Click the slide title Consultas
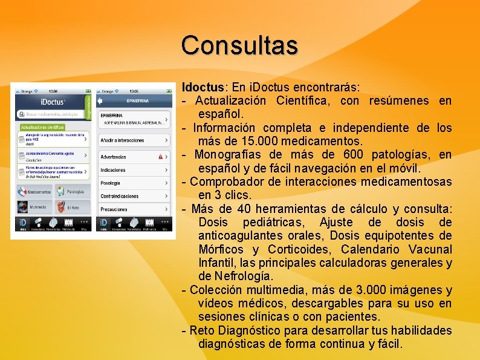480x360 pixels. click(x=239, y=45)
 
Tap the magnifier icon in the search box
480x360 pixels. click(x=21, y=114)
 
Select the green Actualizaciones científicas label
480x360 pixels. click(x=42, y=128)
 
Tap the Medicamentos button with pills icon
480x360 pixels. click(x=34, y=192)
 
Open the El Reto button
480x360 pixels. click(x=71, y=207)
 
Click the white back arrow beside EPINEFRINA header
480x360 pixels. click(x=100, y=100)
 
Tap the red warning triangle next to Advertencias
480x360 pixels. click(x=160, y=156)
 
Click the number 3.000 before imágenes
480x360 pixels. click(x=381, y=290)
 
